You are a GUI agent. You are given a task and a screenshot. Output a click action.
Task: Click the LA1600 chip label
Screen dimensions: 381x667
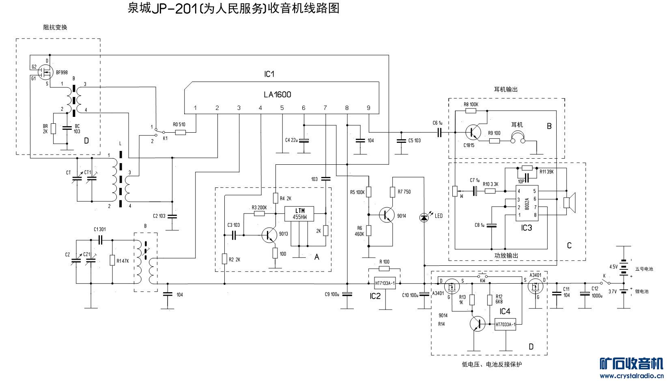pyautogui.click(x=278, y=95)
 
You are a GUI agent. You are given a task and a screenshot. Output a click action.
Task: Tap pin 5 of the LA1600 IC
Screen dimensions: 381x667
pyautogui.click(x=282, y=108)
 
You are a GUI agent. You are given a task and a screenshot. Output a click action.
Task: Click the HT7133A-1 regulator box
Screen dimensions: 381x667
pyautogui.click(x=384, y=283)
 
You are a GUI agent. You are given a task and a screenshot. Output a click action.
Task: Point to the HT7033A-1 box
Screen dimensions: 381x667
pyautogui.click(x=506, y=324)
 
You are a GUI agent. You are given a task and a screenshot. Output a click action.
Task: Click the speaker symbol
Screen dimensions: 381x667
pyautogui.click(x=570, y=201)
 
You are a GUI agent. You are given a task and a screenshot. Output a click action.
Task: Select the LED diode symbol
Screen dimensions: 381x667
pyautogui.click(x=424, y=217)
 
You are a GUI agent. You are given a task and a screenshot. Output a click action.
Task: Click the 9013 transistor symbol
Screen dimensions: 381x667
pyautogui.click(x=269, y=235)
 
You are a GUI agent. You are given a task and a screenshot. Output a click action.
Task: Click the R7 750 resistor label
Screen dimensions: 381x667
pyautogui.click(x=404, y=192)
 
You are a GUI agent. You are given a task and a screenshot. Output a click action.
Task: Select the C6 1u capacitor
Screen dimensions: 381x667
pyautogui.click(x=439, y=132)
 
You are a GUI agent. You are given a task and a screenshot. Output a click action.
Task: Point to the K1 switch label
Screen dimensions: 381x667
pyautogui.click(x=154, y=138)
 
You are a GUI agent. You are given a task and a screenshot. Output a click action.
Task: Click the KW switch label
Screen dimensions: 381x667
pyautogui.click(x=483, y=280)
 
